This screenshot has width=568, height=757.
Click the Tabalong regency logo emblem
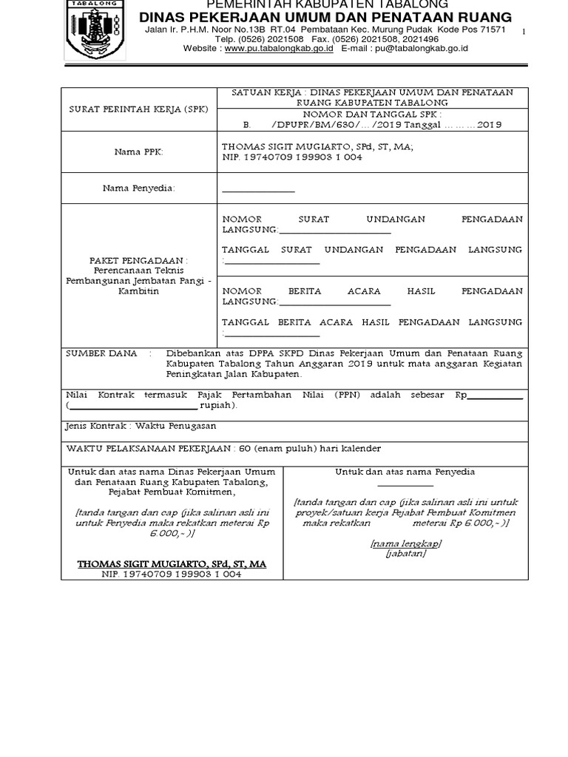(91, 30)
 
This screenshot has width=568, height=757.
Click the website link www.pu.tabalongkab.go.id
(279, 49)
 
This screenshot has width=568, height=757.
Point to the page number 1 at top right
(524, 32)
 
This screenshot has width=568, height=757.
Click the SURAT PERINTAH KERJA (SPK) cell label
(139, 109)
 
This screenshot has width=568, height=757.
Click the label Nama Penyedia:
(139, 189)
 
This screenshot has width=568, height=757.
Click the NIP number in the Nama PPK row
(292, 157)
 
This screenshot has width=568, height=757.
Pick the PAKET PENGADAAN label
(139, 261)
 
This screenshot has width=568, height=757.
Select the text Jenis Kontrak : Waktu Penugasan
(141, 427)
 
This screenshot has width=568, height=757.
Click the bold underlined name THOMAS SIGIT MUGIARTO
(172, 564)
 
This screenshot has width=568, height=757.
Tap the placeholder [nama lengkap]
(405, 543)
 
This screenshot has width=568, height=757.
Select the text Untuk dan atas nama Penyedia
(405, 472)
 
